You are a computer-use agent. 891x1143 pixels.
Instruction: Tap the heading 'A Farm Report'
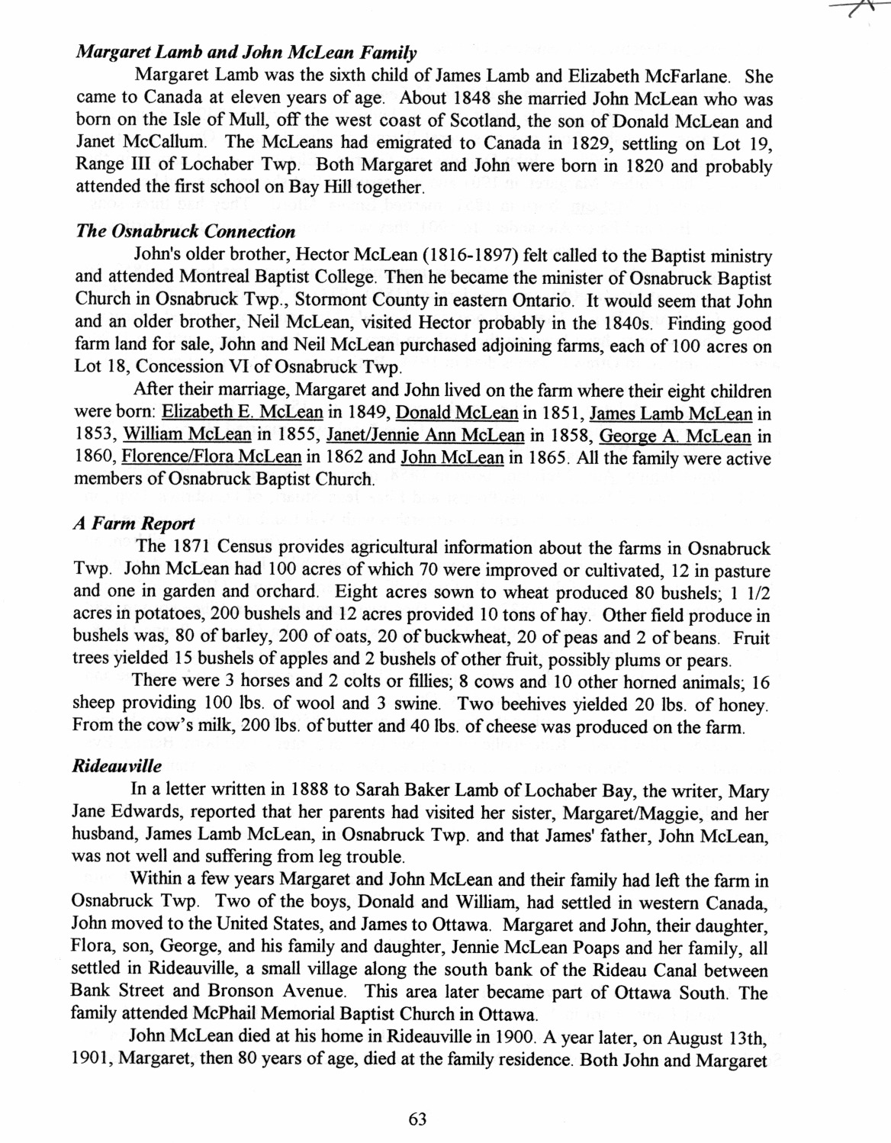point(134,523)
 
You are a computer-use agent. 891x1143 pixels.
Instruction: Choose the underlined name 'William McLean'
point(187,436)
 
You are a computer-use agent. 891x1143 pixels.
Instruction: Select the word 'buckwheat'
point(422,637)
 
